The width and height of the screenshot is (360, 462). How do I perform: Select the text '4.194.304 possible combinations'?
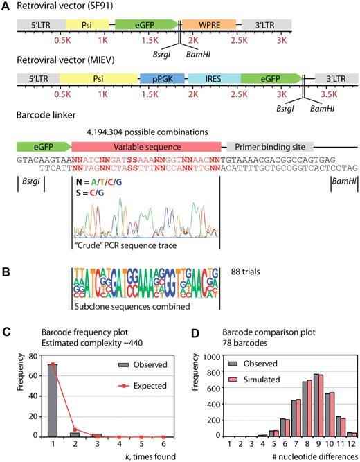[147, 130]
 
